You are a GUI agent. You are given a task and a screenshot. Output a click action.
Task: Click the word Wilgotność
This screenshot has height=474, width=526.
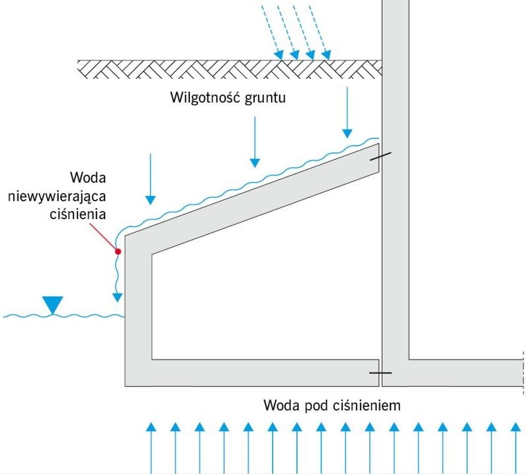206,98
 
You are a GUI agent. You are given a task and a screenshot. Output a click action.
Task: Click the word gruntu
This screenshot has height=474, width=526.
265,98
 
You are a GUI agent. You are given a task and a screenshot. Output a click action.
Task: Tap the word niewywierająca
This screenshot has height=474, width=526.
57,197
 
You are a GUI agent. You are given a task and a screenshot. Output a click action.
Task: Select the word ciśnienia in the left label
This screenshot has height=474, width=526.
78,214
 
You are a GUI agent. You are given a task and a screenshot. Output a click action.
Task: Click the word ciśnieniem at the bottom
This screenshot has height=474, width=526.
367,406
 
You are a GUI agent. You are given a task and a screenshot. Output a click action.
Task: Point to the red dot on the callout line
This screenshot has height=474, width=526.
118,251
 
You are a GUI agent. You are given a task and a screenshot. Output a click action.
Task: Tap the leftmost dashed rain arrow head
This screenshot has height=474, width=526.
279,55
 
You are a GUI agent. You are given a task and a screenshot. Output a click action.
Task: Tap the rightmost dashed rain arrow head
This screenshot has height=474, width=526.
326,55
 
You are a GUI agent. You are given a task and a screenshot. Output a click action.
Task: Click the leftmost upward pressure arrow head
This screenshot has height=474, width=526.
152,427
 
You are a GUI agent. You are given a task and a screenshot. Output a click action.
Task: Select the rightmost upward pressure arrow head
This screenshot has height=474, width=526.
516,427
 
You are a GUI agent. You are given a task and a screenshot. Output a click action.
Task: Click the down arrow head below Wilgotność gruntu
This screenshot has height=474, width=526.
255,163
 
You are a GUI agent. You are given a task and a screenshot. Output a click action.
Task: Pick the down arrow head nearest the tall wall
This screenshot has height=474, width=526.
347,134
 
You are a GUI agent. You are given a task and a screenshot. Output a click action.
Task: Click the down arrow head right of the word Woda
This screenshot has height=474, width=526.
151,200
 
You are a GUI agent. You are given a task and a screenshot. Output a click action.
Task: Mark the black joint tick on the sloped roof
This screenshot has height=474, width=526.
380,156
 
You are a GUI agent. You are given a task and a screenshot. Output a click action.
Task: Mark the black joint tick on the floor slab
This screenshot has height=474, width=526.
380,373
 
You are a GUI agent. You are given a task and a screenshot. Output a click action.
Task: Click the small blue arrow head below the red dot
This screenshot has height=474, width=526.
117,297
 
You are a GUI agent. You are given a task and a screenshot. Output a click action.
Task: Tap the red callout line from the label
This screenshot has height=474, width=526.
103,236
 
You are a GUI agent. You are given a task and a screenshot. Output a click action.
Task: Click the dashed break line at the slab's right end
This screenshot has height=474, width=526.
523,373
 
